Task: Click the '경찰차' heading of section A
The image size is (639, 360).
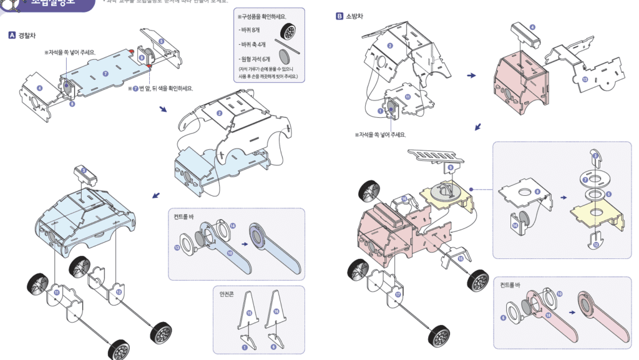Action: click(x=26, y=36)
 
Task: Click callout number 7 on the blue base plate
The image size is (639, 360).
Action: click(x=105, y=74)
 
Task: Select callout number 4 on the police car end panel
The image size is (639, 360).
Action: click(x=40, y=89)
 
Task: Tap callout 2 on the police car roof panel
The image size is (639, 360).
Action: click(x=220, y=113)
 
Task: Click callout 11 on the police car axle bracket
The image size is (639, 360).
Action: click(x=57, y=292)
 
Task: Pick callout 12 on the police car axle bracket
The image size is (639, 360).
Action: click(x=119, y=291)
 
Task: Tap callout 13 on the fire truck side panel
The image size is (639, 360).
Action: click(x=585, y=79)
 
